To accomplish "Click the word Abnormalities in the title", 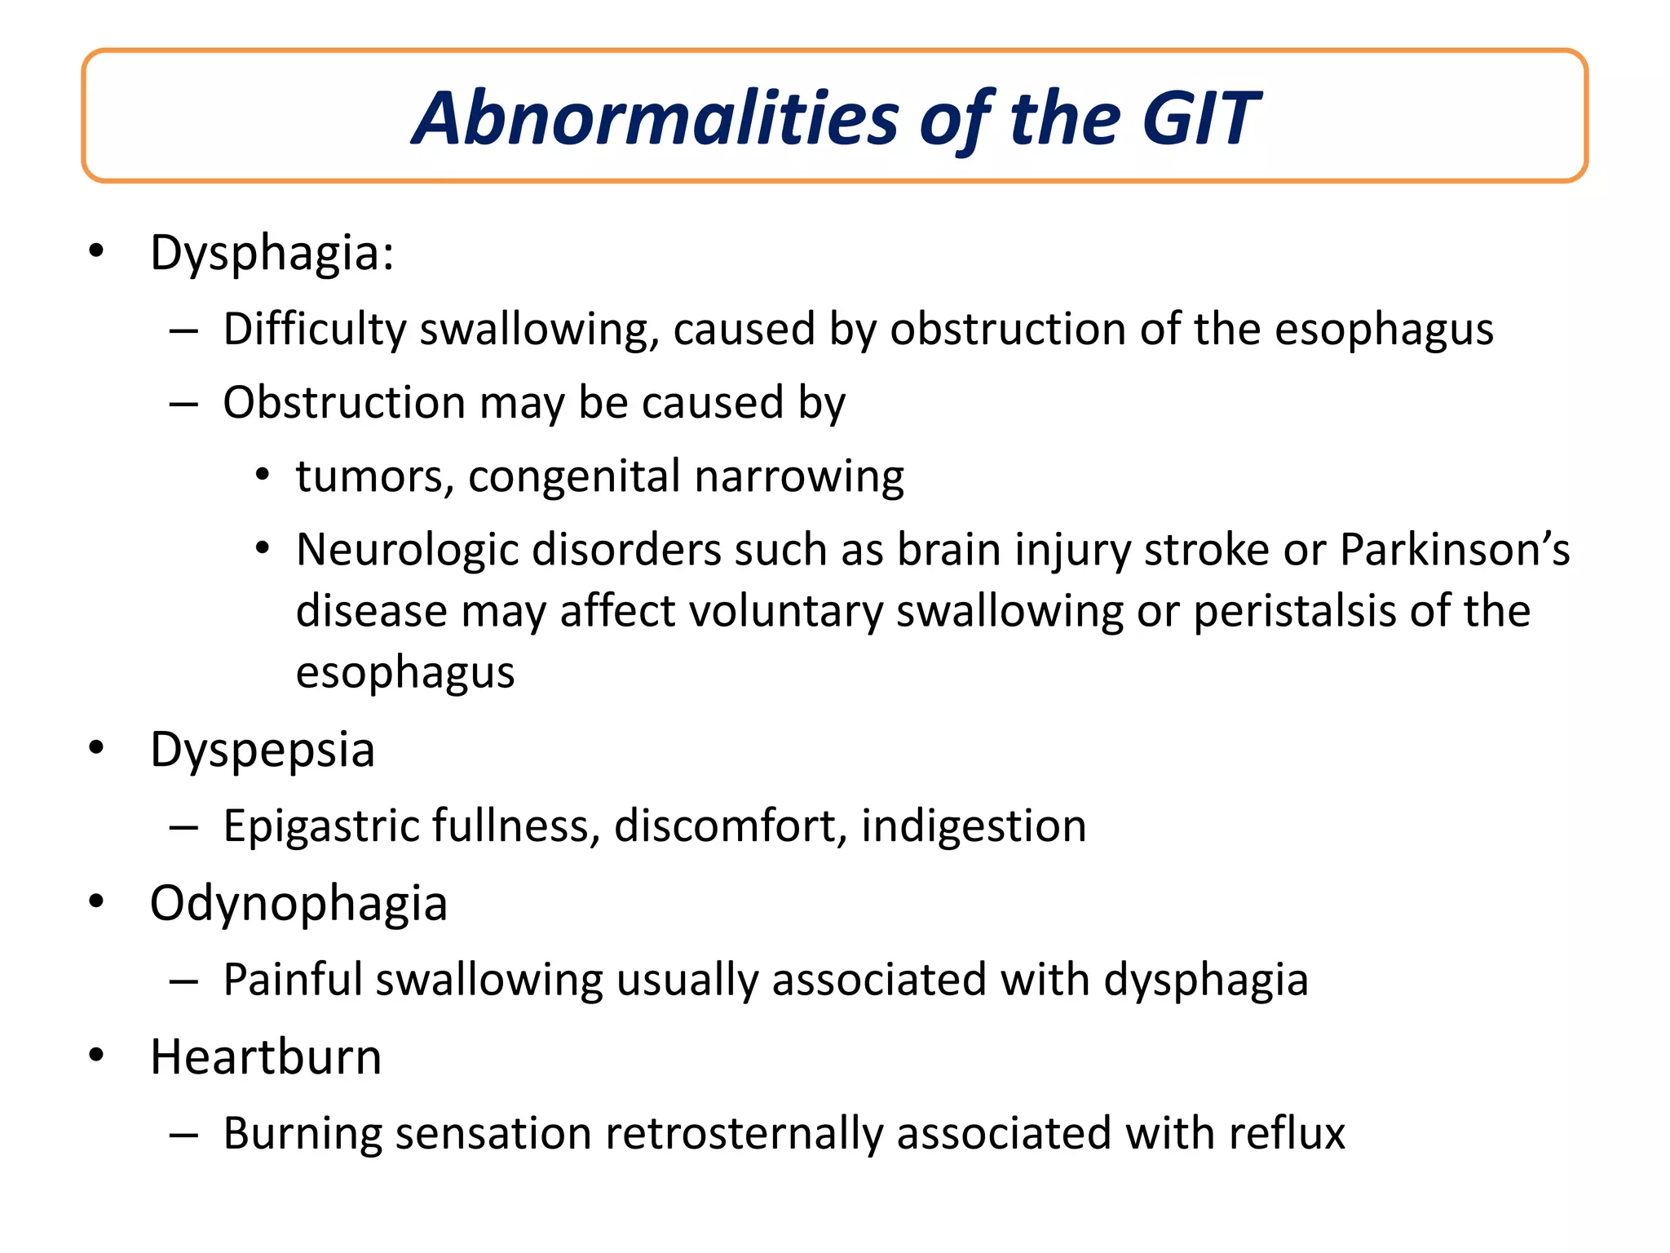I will pyautogui.click(x=656, y=119).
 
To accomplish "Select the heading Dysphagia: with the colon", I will pyautogui.click(x=272, y=254).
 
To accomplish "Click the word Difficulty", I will pyautogui.click(x=314, y=330).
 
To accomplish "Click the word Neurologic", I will pyautogui.click(x=407, y=550).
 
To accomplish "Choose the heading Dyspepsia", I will pyautogui.click(x=263, y=750).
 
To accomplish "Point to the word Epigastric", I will pyautogui.click(x=320, y=826).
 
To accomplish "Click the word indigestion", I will pyautogui.click(x=974, y=826).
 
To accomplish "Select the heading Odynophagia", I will pyautogui.click(x=298, y=905).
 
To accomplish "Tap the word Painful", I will pyautogui.click(x=293, y=980).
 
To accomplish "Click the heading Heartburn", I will pyautogui.click(x=266, y=1058).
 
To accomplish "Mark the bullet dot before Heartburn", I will pyautogui.click(x=97, y=1055).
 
